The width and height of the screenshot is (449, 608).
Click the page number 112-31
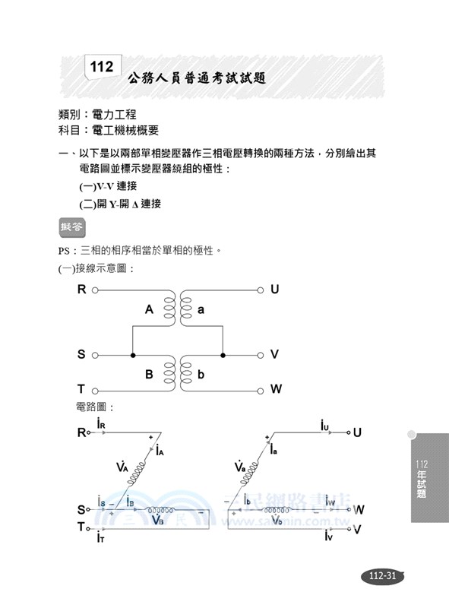(x=381, y=575)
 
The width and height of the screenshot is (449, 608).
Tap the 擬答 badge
(x=72, y=226)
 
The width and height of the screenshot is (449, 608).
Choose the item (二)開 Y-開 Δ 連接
(x=120, y=204)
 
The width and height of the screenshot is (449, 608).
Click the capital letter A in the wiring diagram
(x=150, y=310)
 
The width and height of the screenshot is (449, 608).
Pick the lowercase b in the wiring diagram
(x=201, y=374)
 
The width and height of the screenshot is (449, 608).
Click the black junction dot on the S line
(x=133, y=355)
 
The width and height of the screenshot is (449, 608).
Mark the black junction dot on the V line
(x=223, y=355)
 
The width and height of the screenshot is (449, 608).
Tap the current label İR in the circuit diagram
(x=102, y=423)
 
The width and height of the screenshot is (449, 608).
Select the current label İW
(x=330, y=501)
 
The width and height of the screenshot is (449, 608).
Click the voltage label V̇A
(x=122, y=467)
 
